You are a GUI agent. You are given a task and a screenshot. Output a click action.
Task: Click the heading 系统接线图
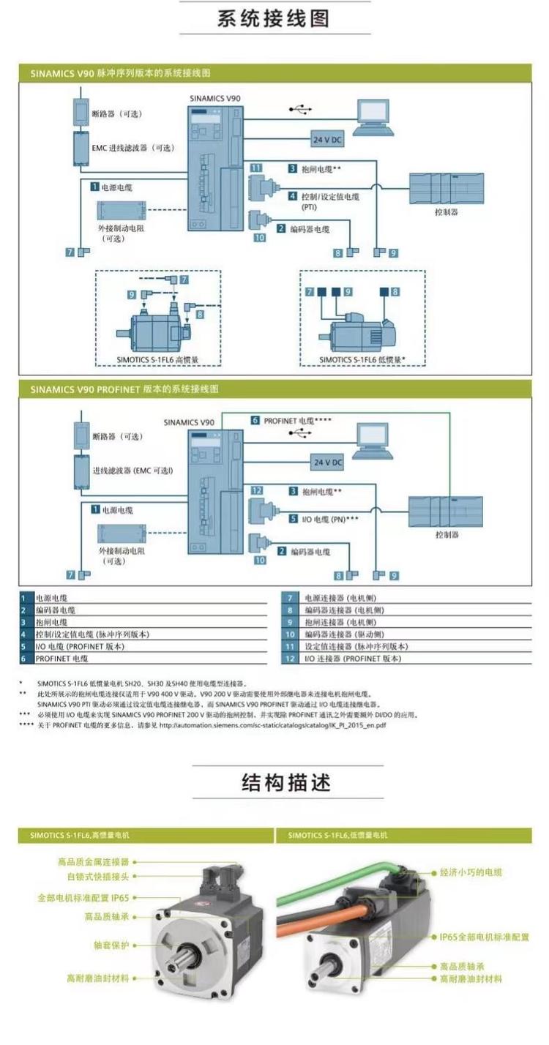[x=274, y=19]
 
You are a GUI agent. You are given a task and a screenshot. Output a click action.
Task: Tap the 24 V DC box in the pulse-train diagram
[x=327, y=139]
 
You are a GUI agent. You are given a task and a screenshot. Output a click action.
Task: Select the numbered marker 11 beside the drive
[x=255, y=168]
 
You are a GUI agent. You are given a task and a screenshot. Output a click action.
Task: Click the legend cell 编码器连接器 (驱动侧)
[x=344, y=634]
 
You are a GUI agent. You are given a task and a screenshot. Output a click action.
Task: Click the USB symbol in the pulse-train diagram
[x=300, y=110]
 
